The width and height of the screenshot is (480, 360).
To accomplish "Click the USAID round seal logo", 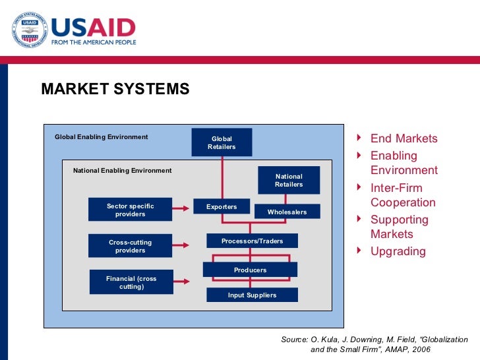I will click(x=28, y=30).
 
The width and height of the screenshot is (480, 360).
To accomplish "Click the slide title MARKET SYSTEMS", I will click(x=115, y=89).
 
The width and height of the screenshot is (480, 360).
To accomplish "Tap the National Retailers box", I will click(x=289, y=180).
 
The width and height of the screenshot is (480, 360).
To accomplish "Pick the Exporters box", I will click(x=222, y=206).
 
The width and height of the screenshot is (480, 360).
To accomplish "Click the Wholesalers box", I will click(x=287, y=212).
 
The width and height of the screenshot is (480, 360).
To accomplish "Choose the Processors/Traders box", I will click(x=252, y=241).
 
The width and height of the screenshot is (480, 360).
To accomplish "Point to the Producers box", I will click(x=250, y=270).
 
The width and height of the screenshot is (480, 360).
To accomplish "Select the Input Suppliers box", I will click(x=252, y=295).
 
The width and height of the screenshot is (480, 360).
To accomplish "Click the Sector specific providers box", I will click(x=130, y=210).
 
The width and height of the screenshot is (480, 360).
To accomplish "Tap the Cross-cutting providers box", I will click(x=130, y=246).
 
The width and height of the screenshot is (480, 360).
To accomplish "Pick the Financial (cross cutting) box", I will click(x=131, y=282).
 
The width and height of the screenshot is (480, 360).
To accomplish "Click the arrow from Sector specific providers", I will click(x=182, y=210).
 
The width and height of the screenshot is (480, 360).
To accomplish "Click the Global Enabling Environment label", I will click(x=101, y=137).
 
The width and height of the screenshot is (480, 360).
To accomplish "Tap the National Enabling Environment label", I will click(x=122, y=170).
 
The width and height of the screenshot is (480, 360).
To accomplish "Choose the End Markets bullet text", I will click(x=404, y=138).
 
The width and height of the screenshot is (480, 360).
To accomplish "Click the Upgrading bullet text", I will click(x=398, y=251).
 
